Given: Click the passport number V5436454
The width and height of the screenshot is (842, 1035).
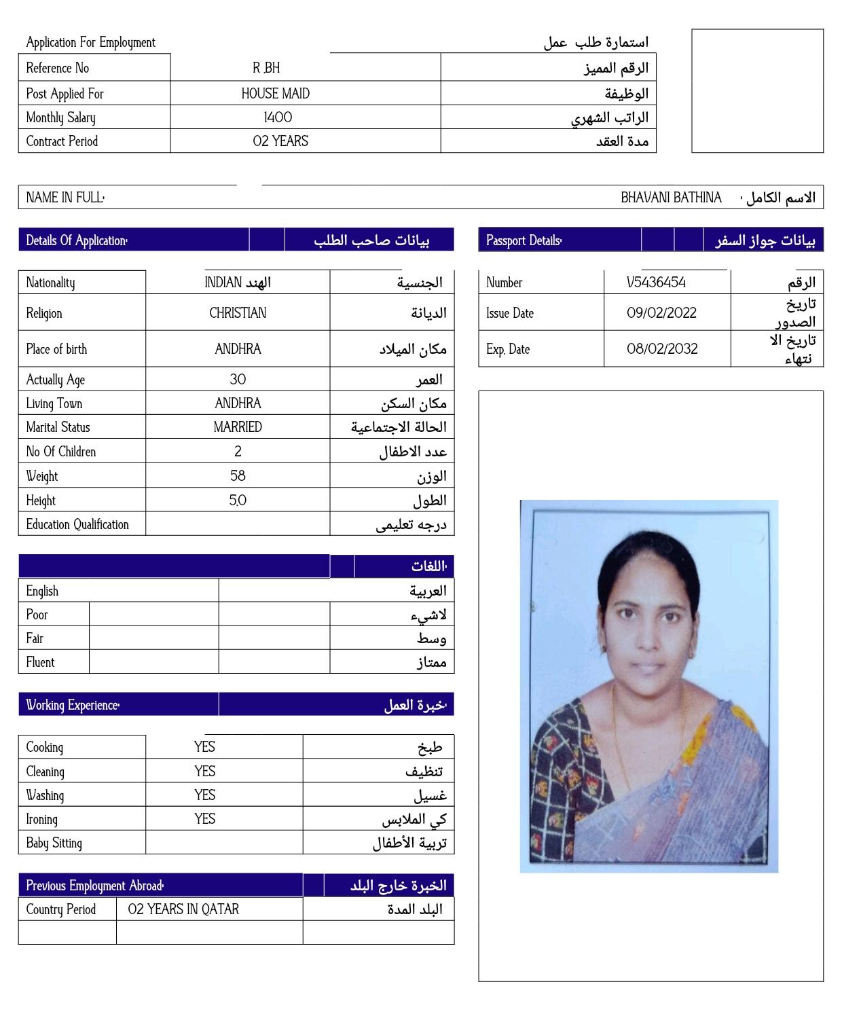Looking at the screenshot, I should pos(656,283).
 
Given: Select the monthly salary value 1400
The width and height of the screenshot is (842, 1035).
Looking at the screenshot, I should pos(278,117).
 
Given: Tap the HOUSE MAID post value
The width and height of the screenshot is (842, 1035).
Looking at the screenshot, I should pos(275,94).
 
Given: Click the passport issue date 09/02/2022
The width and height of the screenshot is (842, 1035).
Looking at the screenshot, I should pos(661,313).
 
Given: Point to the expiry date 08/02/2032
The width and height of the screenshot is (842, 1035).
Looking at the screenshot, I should pos(661,349).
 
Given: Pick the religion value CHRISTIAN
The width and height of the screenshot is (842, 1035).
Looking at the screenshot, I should pos(238,313).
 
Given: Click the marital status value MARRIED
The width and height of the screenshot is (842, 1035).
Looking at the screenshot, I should pos(238,427).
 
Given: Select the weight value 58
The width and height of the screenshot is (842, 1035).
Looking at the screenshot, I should pos(238,476).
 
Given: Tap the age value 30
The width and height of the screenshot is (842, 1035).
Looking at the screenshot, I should pos(238,380).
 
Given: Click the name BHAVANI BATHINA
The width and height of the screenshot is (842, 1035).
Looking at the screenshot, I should pos(671,198).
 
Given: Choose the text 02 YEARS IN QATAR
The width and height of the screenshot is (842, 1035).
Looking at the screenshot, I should pos(183,909).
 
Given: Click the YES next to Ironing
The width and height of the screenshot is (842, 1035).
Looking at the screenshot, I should pos(204,819).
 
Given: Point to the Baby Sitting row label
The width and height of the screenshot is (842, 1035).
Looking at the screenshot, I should pos(54,843).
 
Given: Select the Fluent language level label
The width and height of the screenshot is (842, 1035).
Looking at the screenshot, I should pos(40,662).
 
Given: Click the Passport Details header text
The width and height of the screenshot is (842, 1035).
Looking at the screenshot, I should pos(524,240).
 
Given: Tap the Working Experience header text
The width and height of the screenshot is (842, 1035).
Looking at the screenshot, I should pos(73,705).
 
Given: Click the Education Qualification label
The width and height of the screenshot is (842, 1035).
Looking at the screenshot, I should pos(77,524).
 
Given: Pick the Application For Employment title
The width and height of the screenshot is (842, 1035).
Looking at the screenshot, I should pos(90,42).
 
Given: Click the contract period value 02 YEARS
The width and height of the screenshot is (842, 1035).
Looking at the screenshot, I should pos(280,141).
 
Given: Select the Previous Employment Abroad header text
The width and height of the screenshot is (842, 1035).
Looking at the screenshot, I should pos(95,886).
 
